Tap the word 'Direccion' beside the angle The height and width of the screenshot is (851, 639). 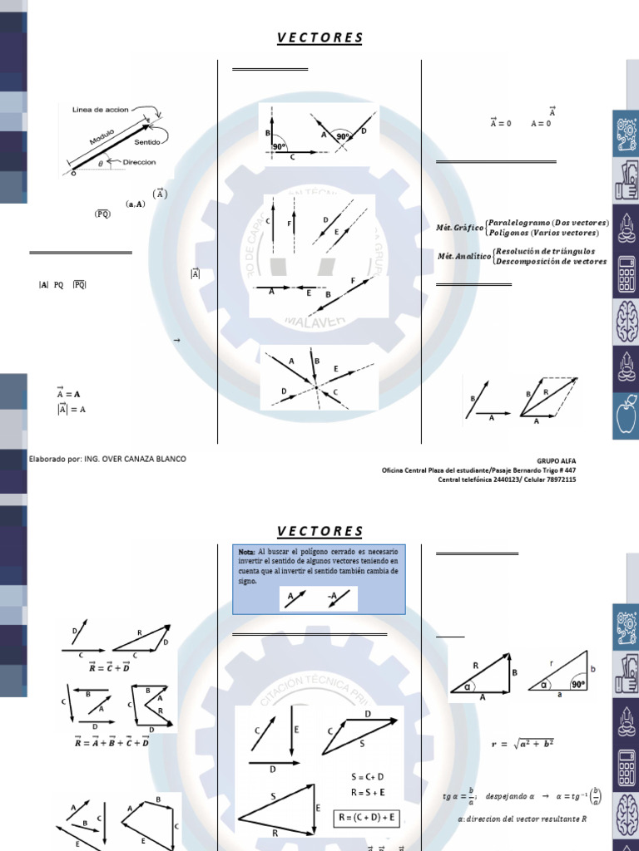tap(140, 162)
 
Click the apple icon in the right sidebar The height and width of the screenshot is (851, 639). tap(625, 416)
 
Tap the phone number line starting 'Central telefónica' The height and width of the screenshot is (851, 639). tap(507, 480)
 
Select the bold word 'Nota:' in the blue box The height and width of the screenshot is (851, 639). tap(246, 552)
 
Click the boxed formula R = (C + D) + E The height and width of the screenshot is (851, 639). tap(367, 818)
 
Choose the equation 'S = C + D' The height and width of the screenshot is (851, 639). tap(367, 777)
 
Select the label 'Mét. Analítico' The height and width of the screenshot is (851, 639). tap(463, 257)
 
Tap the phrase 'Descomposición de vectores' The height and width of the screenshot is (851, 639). tap(552, 263)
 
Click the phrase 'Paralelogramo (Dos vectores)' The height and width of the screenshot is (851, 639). tap(548, 223)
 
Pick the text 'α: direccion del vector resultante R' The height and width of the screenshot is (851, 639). tap(511, 818)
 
